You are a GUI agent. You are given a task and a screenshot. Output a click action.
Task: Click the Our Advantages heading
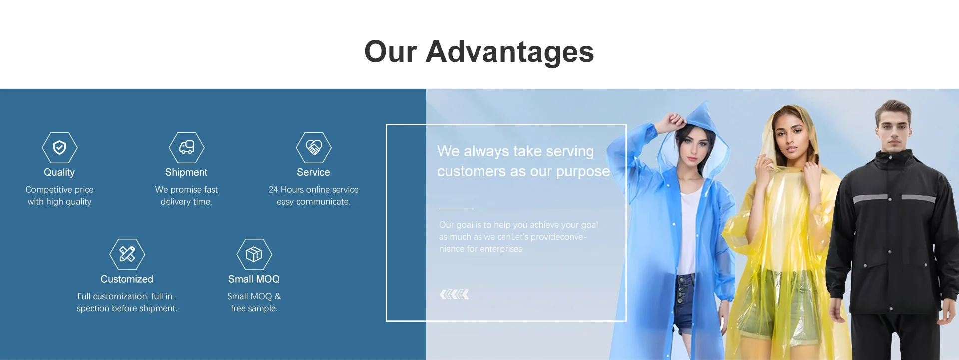click(479, 52)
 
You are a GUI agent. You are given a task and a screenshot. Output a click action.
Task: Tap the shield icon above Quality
click(59, 147)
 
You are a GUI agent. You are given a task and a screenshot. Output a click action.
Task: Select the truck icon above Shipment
click(186, 147)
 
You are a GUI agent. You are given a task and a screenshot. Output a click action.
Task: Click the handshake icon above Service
click(313, 147)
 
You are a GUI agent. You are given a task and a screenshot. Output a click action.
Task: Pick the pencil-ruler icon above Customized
click(127, 254)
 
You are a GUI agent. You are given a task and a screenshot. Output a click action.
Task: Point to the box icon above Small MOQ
click(254, 254)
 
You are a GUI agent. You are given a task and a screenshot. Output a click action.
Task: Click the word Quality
click(59, 172)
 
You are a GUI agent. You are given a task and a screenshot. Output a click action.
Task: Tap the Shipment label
click(186, 172)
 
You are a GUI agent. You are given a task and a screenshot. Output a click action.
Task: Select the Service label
click(313, 172)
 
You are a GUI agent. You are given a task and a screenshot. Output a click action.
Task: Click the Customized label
click(127, 279)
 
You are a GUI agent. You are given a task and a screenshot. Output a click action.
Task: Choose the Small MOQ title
click(254, 279)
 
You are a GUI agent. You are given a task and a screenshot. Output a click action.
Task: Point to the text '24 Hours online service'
click(313, 190)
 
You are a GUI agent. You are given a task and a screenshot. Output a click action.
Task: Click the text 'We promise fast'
click(186, 190)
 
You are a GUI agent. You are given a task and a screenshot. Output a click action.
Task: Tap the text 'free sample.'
click(254, 309)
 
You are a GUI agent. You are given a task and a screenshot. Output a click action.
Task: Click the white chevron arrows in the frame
click(454, 295)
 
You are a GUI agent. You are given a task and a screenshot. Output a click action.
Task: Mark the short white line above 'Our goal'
click(456, 209)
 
